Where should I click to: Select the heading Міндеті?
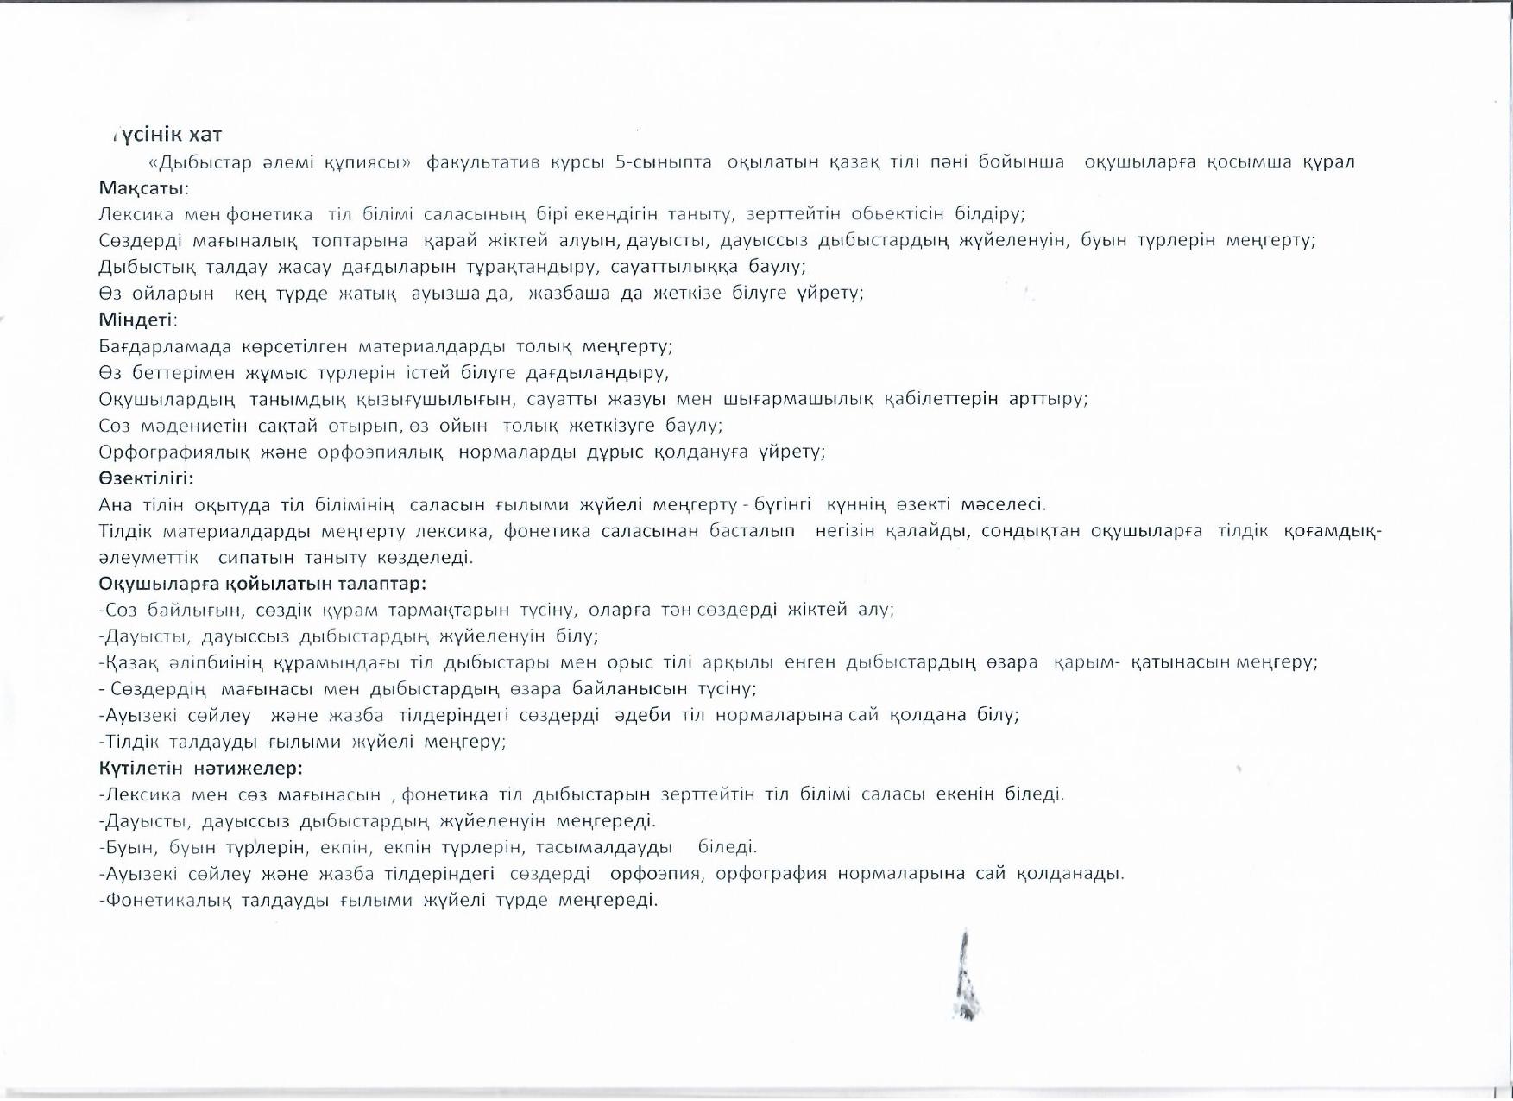point(136,320)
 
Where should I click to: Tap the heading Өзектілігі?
point(145,478)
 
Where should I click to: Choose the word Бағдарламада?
point(165,347)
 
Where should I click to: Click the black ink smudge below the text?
point(967,980)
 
